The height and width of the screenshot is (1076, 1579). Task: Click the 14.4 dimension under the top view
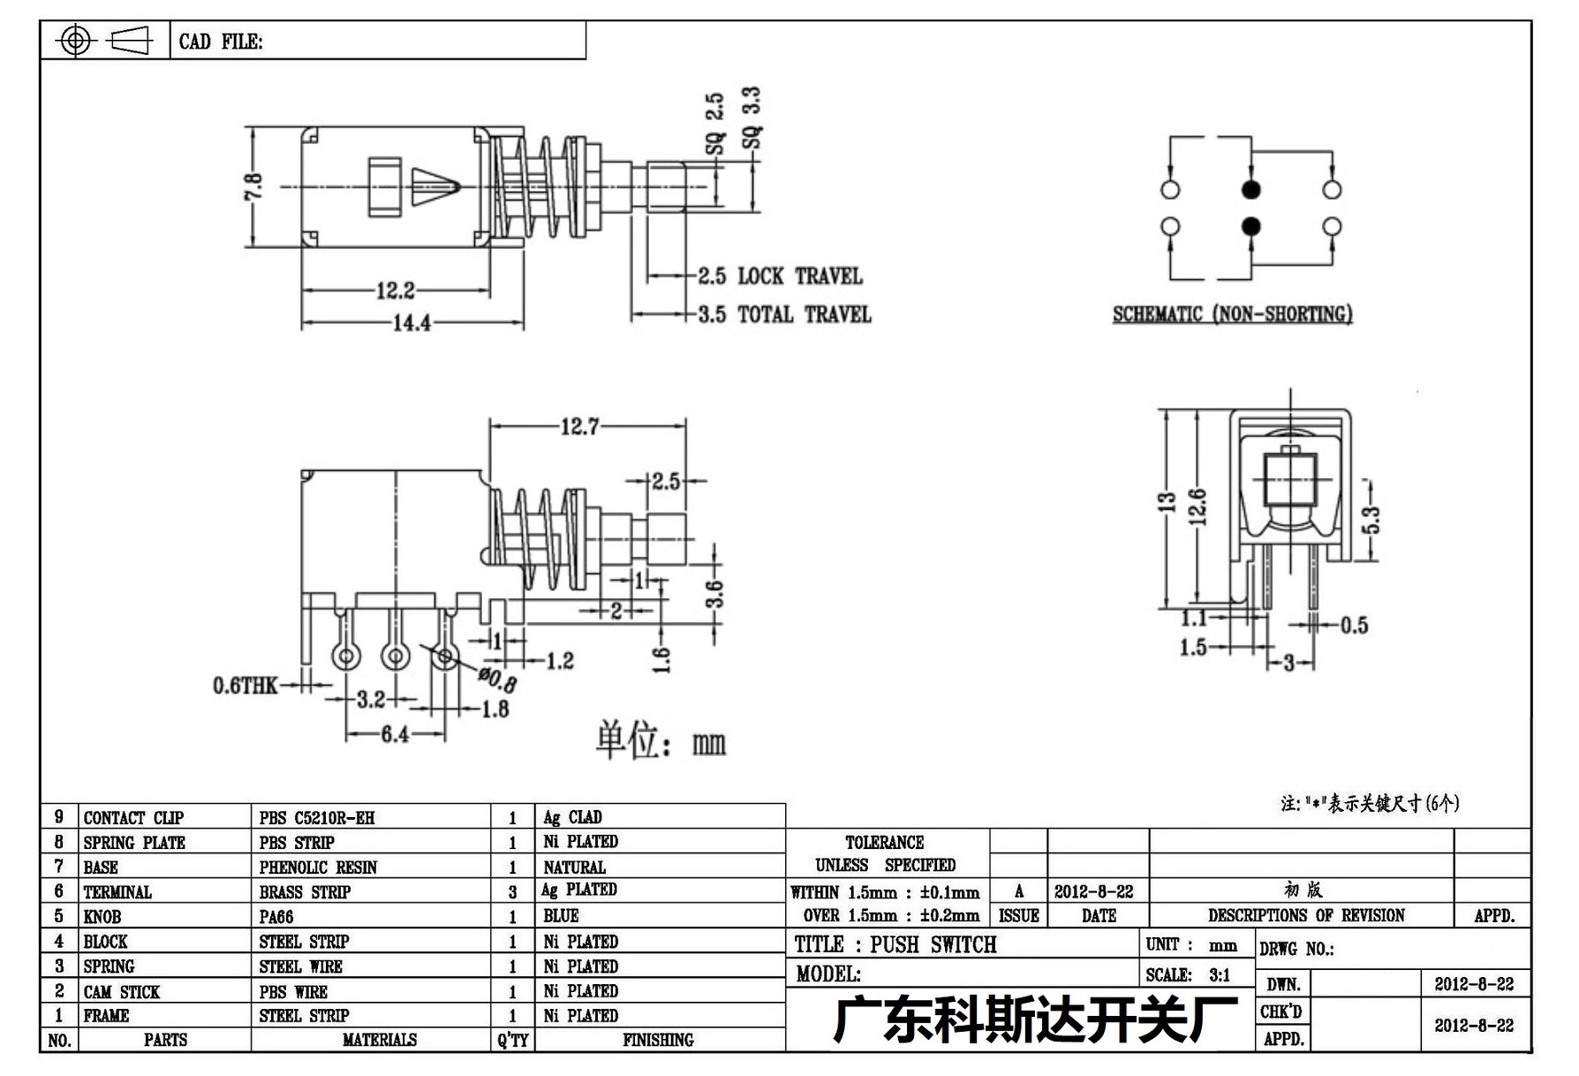[x=412, y=323]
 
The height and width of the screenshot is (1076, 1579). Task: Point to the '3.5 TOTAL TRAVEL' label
[x=785, y=314]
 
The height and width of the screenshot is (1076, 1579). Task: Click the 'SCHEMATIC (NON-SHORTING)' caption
[x=1232, y=314]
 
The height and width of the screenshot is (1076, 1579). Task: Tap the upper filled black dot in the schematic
[x=1250, y=189]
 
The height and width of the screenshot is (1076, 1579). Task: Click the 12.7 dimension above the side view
[x=579, y=428]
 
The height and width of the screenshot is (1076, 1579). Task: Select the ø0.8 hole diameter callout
[x=497, y=679]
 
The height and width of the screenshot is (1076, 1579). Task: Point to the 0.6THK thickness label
[x=245, y=686]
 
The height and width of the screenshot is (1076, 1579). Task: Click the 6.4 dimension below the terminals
[x=395, y=734]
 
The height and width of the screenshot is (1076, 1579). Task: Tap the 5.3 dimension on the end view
[x=1371, y=519]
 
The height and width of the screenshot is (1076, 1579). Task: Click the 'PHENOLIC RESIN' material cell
[x=318, y=868]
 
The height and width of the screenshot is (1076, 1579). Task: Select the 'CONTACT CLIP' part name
[x=133, y=818]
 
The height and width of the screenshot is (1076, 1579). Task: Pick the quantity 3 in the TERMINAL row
[x=512, y=892]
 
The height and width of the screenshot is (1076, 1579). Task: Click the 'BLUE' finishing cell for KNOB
[x=561, y=916]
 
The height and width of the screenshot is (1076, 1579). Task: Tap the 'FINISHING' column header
[x=658, y=1041]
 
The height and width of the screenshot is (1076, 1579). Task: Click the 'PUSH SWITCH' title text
[x=933, y=944]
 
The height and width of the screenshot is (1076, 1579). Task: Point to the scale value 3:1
[x=1220, y=975]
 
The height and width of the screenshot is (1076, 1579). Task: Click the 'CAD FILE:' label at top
[x=221, y=42]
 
